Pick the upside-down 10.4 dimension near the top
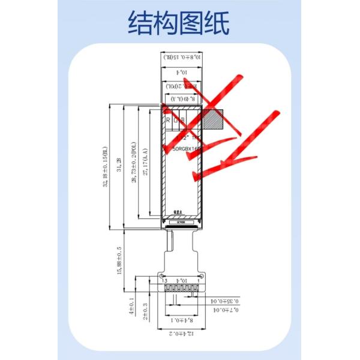[181, 72]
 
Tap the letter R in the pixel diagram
[168, 120]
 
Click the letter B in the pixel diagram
[183, 120]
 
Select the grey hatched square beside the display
[212, 118]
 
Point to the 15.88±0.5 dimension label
[119, 259]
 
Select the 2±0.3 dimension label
[146, 311]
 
